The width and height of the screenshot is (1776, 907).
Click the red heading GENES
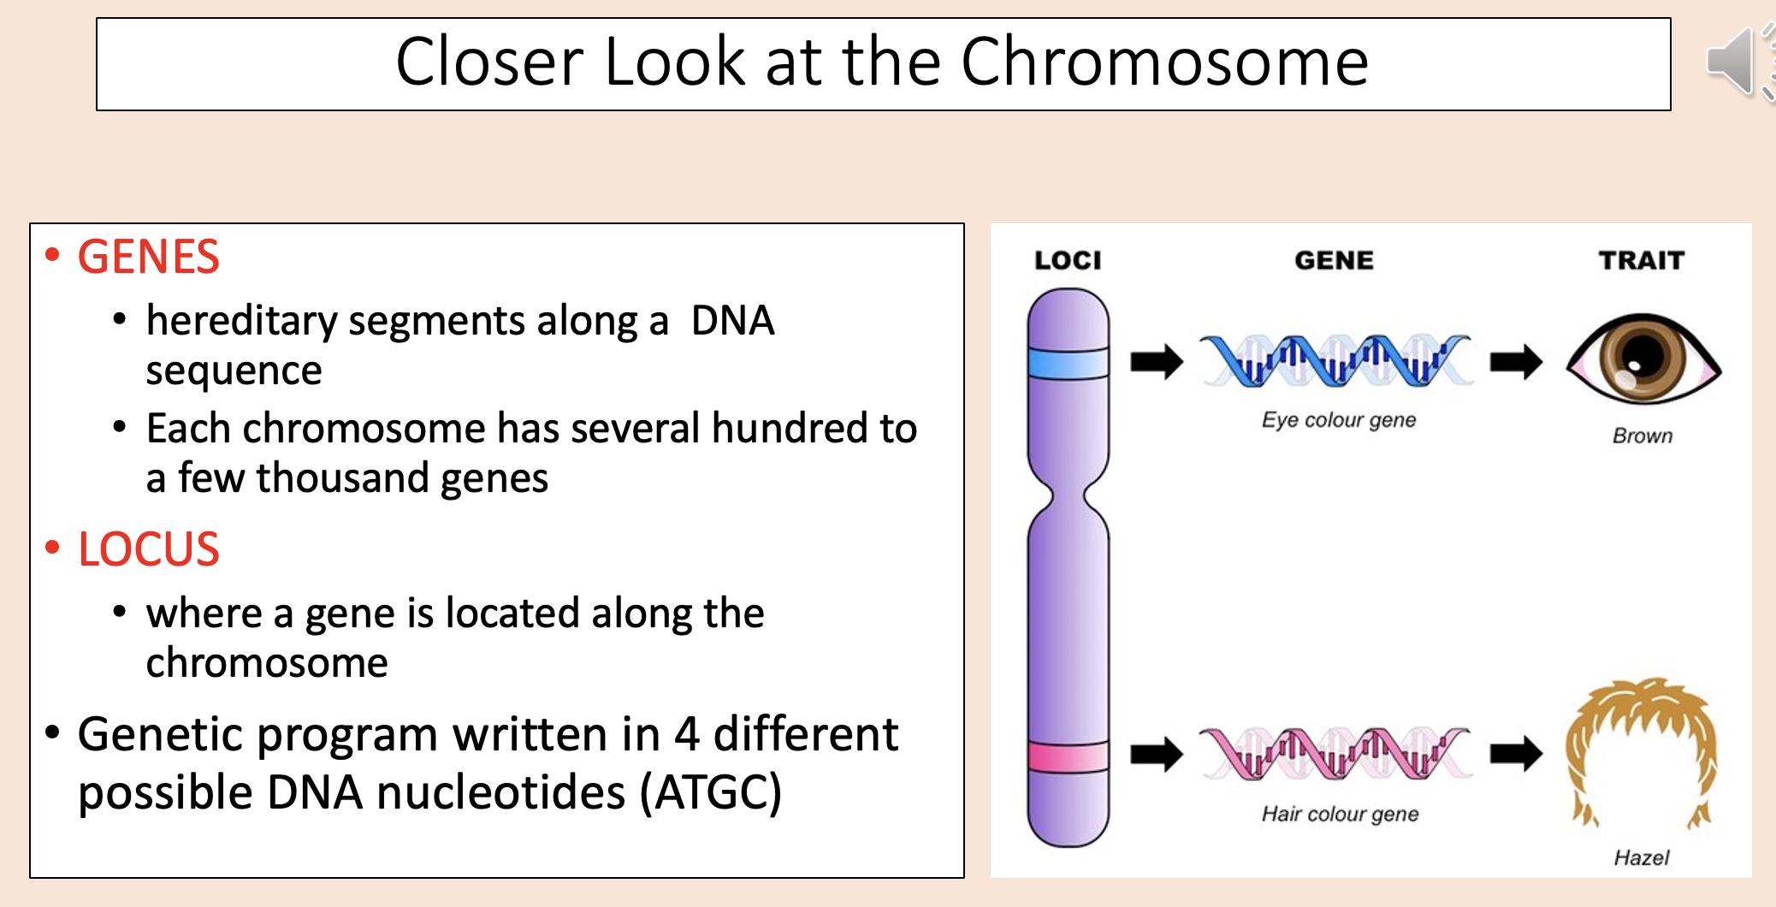point(148,257)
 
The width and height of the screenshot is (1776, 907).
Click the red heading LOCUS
point(148,548)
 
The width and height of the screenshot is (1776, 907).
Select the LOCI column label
point(1068,260)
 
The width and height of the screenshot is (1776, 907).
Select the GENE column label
point(1334,260)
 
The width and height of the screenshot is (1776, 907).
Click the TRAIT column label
point(1641,260)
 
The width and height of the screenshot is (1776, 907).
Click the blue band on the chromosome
point(1068,363)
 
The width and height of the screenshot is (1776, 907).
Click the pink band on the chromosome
point(1068,756)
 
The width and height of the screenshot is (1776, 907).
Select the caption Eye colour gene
point(1339,420)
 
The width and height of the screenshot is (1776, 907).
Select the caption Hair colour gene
point(1340,814)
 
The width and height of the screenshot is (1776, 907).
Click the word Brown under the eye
point(1642,436)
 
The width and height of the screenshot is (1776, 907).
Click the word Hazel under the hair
point(1641,857)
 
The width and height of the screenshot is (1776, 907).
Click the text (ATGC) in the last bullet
point(711,792)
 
